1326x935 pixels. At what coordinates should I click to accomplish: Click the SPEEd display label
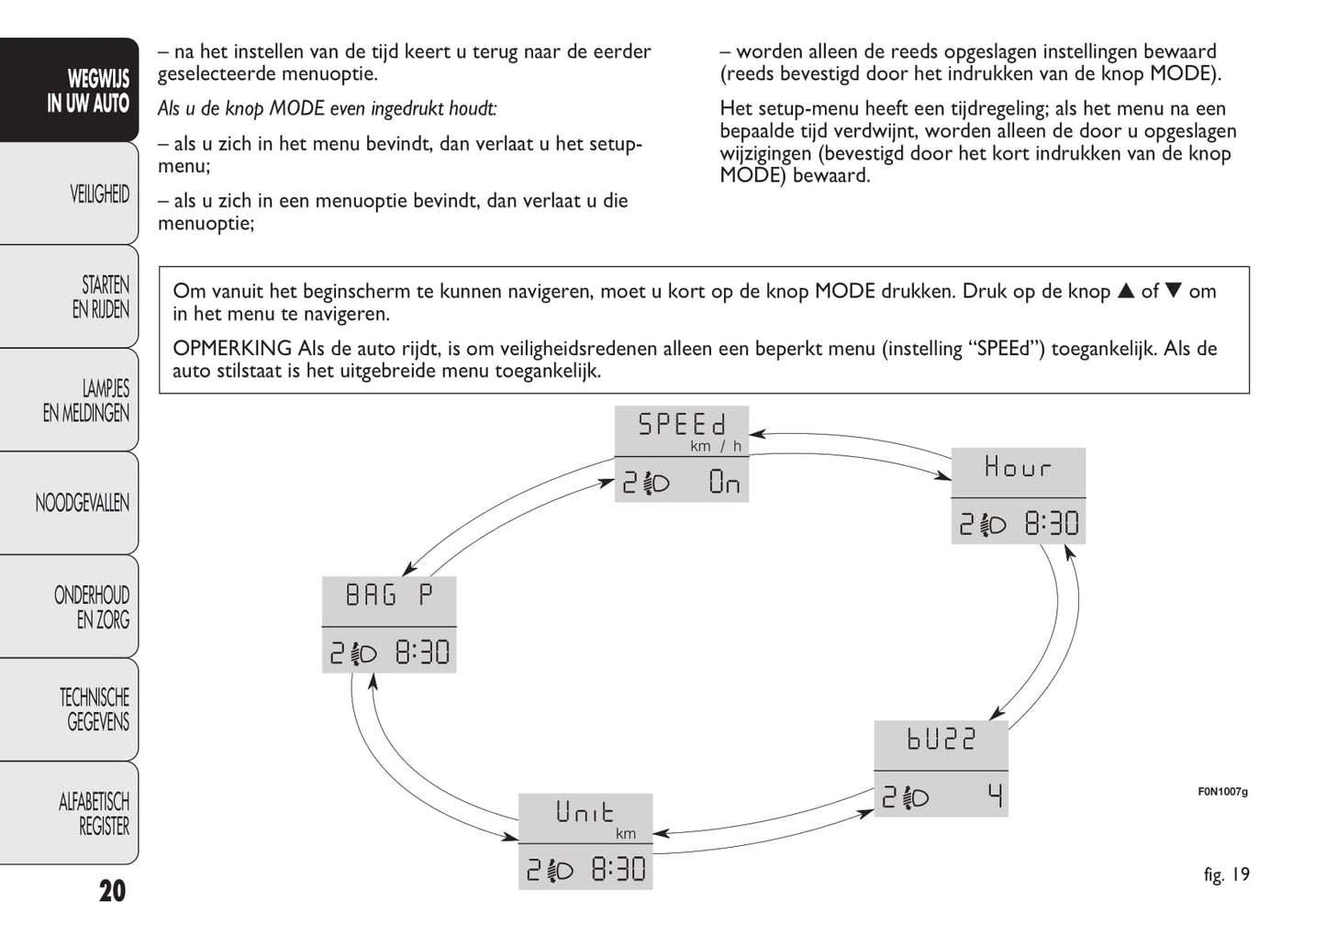682,425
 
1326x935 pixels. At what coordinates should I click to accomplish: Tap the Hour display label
1017,467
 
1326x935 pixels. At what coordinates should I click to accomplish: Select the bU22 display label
941,740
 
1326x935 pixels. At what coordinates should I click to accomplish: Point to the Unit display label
585,812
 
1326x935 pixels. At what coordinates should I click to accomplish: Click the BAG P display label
388,596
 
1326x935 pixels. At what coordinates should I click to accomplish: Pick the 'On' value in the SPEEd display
724,482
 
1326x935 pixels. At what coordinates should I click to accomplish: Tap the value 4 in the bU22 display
996,796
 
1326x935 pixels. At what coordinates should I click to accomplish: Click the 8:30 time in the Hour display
1052,524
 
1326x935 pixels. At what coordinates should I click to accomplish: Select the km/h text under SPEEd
715,447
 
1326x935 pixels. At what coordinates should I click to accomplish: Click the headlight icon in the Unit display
560,870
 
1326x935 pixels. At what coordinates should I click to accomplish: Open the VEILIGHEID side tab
99,195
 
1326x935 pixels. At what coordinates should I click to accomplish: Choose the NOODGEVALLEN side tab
82,503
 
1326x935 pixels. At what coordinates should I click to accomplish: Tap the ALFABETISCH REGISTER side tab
94,814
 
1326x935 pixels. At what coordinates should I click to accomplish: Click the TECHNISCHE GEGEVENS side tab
94,709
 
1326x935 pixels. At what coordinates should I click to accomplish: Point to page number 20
112,891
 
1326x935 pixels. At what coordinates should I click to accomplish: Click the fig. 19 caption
1226,874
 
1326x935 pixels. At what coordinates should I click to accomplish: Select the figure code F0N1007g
1222,792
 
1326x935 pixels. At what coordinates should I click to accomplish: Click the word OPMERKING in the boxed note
232,349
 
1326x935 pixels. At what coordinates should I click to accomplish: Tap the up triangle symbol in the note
1126,292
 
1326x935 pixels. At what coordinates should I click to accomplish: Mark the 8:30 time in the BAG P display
422,652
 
